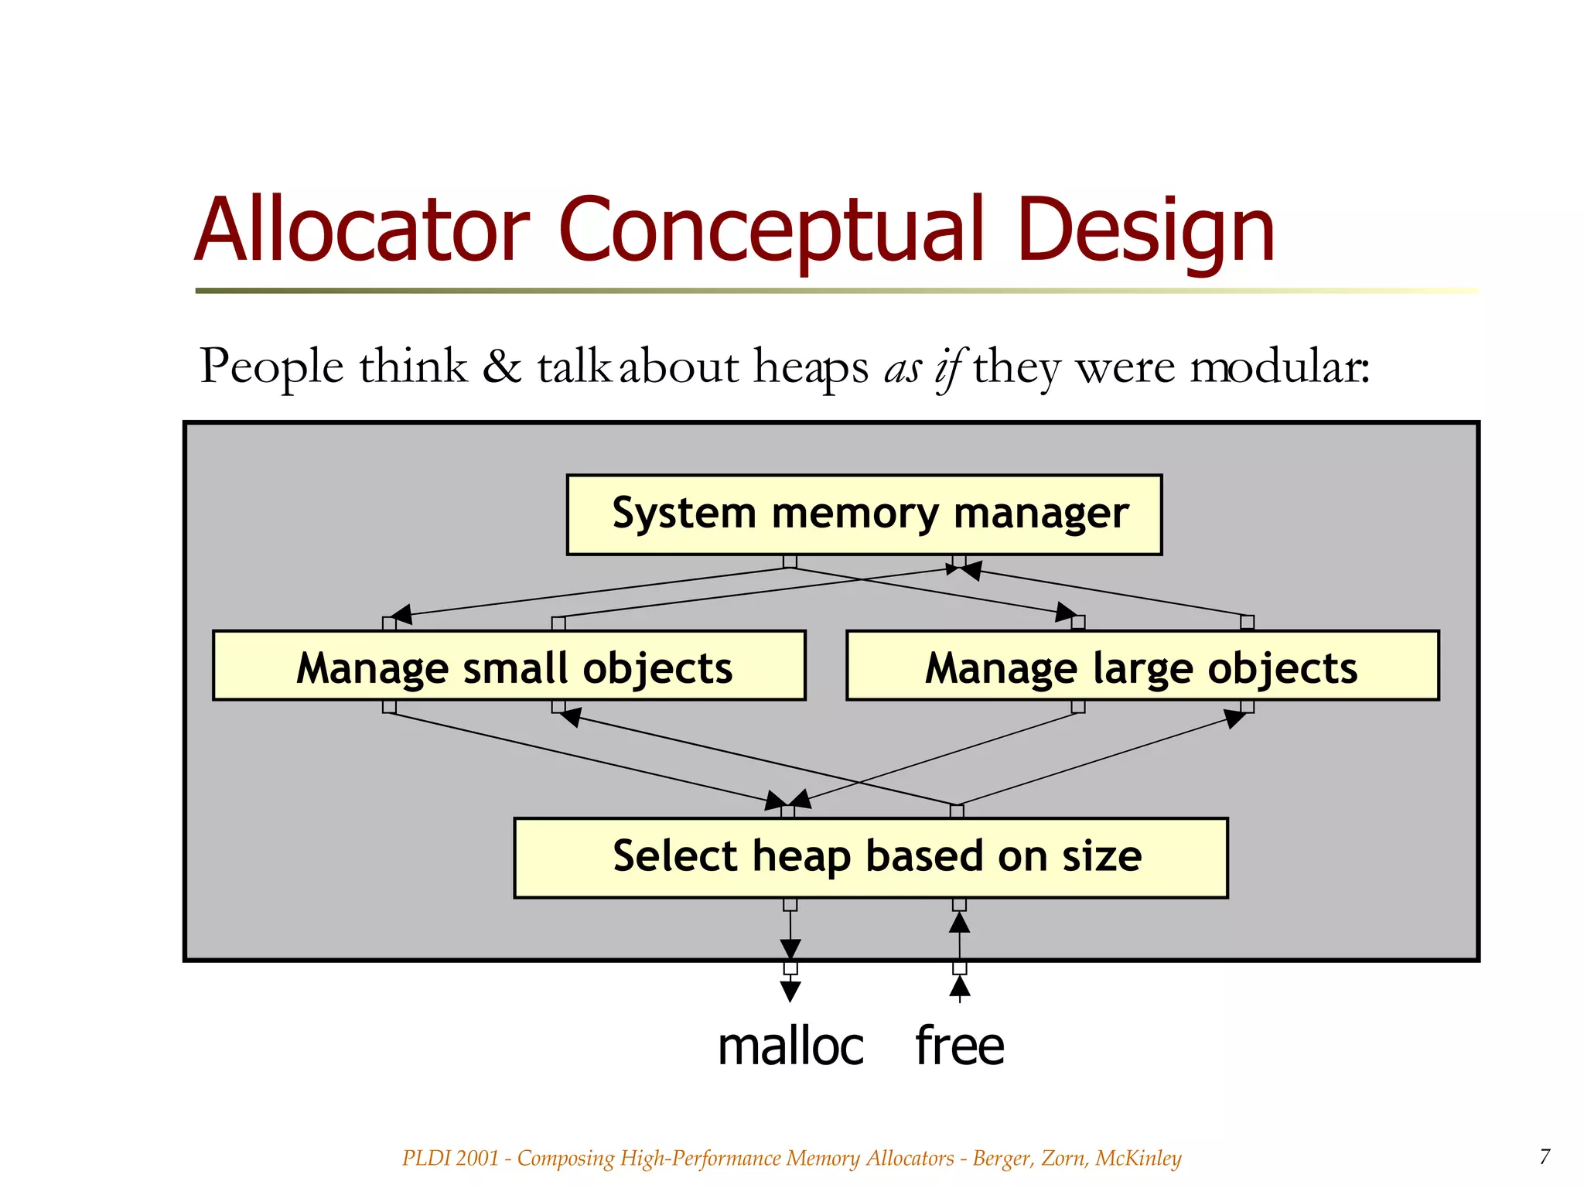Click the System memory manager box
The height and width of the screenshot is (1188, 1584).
click(864, 514)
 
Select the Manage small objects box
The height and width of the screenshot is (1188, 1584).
click(509, 666)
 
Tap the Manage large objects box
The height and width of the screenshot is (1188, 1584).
click(1142, 666)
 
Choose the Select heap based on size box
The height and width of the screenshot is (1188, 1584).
click(870, 857)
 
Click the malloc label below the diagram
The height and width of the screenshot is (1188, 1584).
click(790, 1046)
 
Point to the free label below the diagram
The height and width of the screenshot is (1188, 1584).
click(959, 1046)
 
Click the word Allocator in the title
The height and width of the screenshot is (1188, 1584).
click(362, 230)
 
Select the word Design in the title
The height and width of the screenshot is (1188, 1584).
click(1145, 230)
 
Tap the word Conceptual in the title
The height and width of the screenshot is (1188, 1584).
click(771, 230)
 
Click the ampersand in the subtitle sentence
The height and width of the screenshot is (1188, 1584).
click(501, 366)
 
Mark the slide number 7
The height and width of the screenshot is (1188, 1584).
click(1545, 1156)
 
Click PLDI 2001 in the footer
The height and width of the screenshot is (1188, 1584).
click(450, 1158)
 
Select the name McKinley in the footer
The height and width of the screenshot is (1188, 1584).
click(1138, 1158)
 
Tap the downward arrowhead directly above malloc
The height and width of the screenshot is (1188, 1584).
click(790, 991)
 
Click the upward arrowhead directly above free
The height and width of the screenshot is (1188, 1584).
click(959, 986)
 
